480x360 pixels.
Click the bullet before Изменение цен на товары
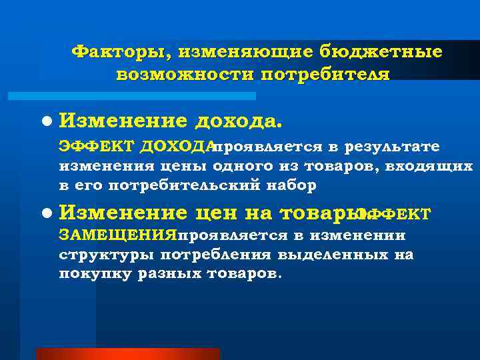click(45, 213)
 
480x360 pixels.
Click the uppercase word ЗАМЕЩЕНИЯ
click(117, 235)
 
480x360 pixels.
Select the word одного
click(242, 165)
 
